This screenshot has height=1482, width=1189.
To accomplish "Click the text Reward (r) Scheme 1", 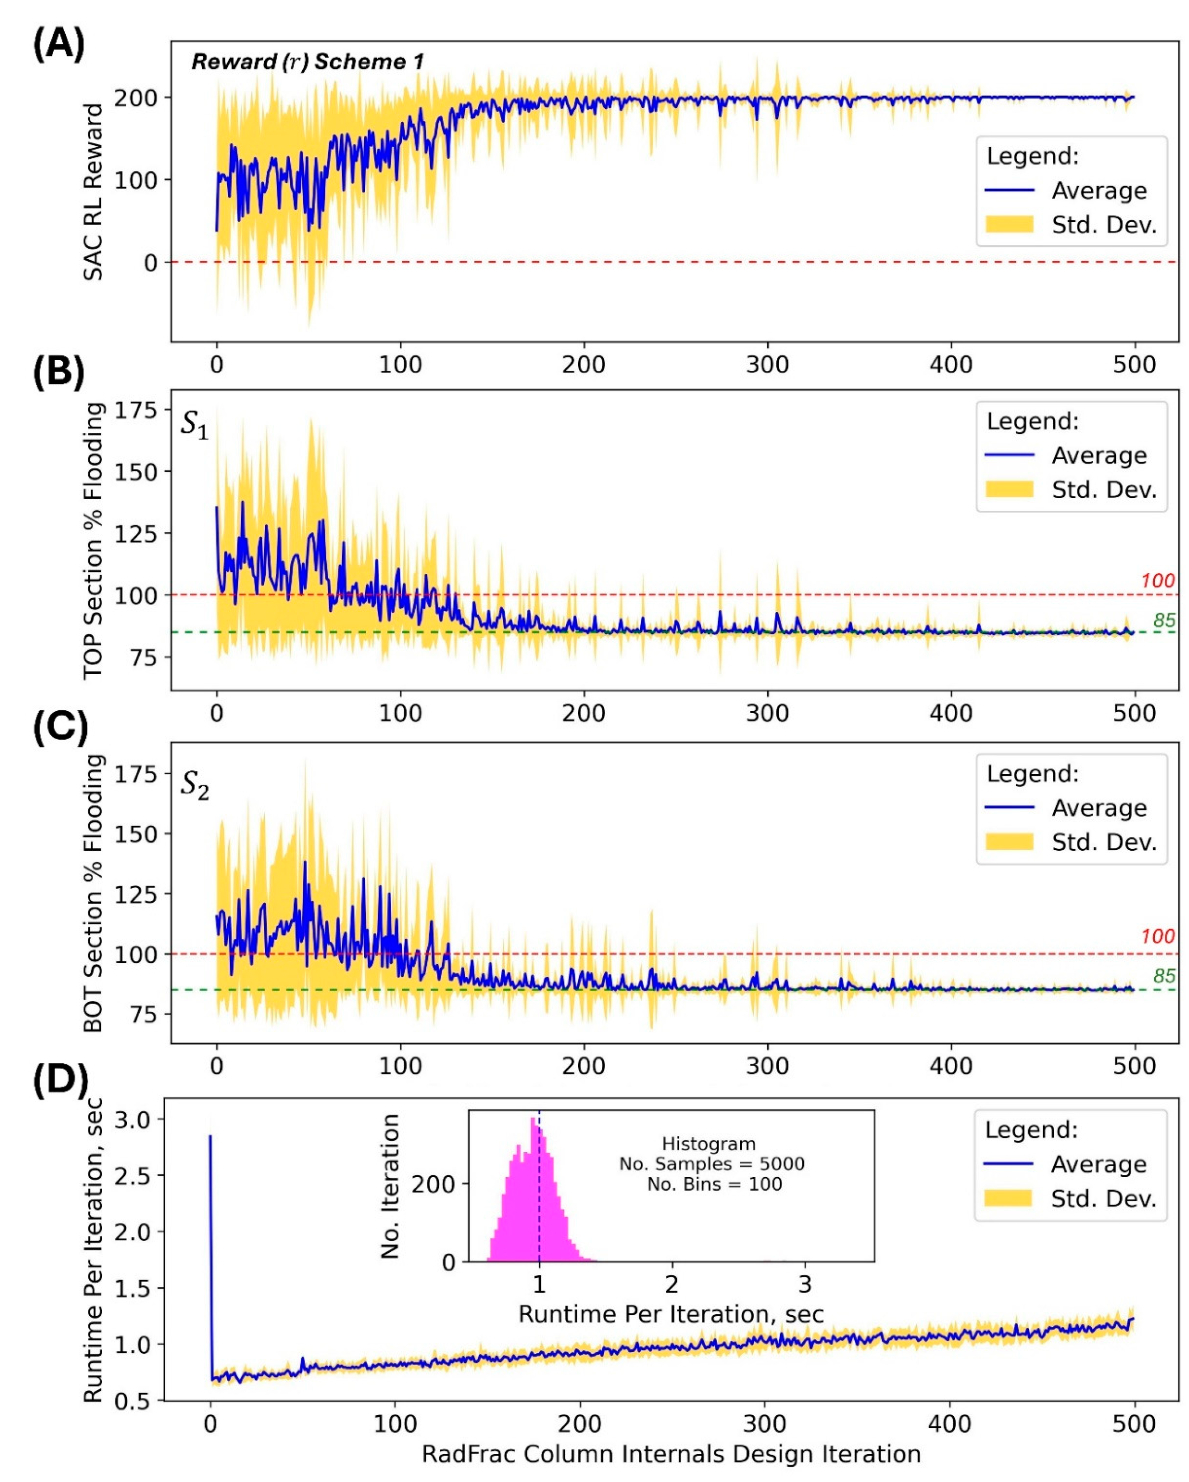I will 307,62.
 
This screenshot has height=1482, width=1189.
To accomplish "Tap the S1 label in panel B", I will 194,425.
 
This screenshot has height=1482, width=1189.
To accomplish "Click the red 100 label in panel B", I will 1157,581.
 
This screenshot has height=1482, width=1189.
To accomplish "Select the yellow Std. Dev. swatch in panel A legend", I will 1009,225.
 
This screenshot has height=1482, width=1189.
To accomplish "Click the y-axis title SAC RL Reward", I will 93,192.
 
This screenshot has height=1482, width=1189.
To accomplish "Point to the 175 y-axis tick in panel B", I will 135,410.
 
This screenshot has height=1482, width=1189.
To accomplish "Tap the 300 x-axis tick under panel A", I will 767,364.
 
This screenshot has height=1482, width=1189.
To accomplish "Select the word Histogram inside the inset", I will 708,1144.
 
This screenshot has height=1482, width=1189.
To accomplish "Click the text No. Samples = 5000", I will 711,1164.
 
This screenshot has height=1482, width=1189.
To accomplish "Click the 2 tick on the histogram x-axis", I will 672,1283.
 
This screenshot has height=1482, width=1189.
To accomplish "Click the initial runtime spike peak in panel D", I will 210,1136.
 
